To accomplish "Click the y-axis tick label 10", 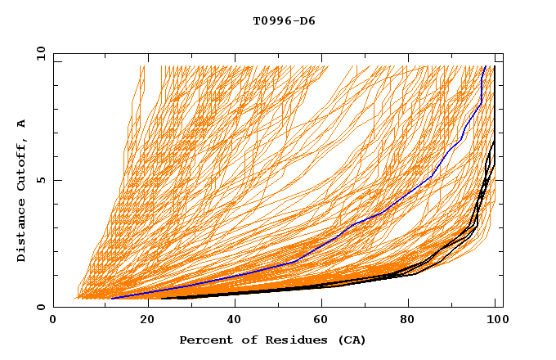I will tap(40, 53).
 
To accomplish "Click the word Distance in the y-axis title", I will tap(21, 232).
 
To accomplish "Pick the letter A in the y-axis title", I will tap(21, 124).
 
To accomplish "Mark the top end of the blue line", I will tap(485, 67).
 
